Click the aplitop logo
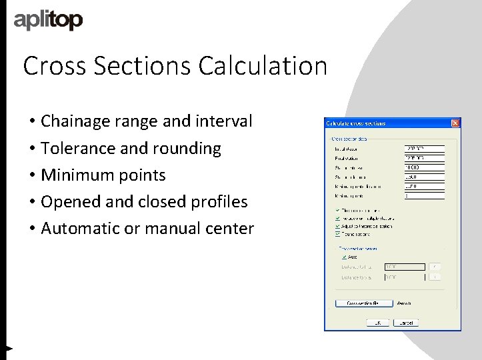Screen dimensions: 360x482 click(x=48, y=20)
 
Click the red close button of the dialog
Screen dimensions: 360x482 click(x=455, y=123)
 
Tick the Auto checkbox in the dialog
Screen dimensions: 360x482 click(x=344, y=256)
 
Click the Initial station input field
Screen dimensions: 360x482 click(x=424, y=149)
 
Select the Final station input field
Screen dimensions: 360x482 click(x=424, y=158)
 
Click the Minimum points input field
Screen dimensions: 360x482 click(x=424, y=196)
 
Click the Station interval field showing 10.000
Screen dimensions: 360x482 click(x=424, y=167)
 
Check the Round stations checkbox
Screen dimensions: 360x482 click(x=338, y=234)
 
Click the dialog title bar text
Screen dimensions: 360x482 click(x=355, y=123)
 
